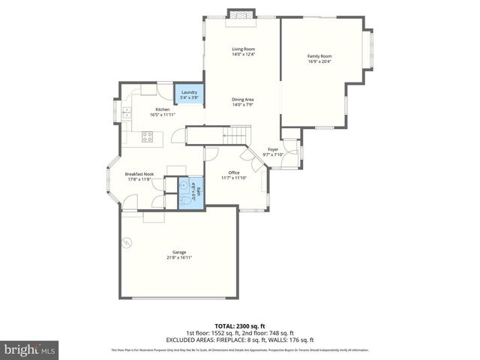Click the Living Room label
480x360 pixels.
point(243,49)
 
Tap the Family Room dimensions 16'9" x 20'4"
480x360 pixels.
point(319,61)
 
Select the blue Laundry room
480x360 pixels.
point(189,94)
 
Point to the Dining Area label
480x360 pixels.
point(243,99)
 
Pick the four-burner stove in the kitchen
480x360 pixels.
point(148,136)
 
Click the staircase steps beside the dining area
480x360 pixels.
point(235,136)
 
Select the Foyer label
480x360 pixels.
point(273,149)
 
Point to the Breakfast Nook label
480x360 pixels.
point(139,174)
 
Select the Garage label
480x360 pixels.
point(179,252)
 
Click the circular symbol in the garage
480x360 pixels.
point(127,242)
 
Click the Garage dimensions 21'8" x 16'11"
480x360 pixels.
point(179,257)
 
